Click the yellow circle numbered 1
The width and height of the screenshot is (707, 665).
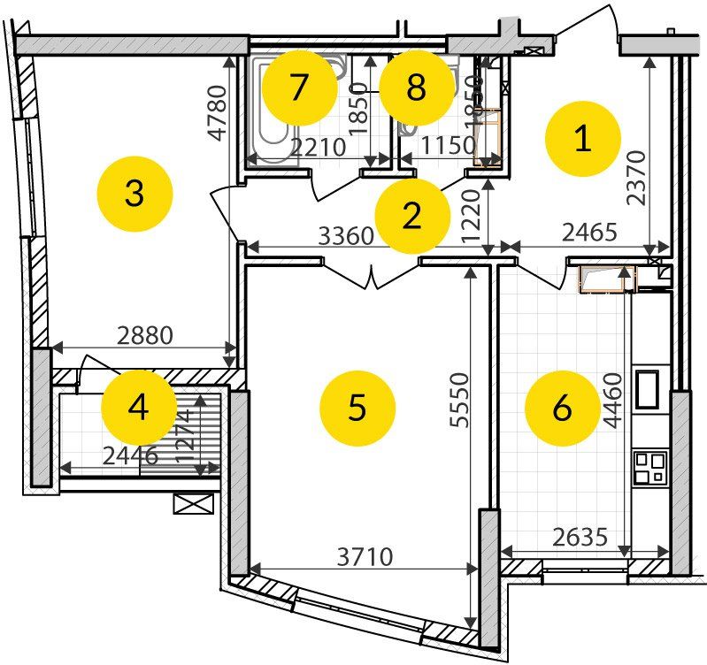582,139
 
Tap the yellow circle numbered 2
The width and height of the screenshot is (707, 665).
412,216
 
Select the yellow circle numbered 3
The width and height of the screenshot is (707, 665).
134,192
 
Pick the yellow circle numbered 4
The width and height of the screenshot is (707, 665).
139,408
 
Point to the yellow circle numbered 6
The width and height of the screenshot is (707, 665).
562,408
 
